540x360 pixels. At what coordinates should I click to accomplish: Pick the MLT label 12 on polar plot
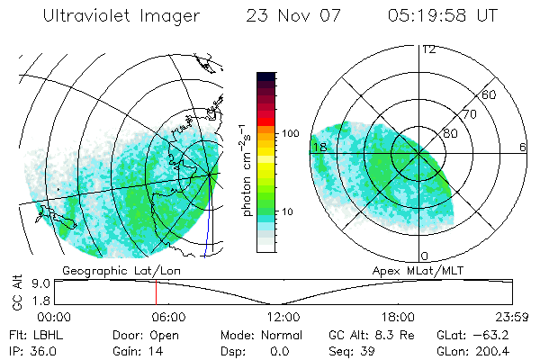click(x=428, y=49)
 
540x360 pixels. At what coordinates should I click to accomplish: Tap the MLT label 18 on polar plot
click(x=319, y=147)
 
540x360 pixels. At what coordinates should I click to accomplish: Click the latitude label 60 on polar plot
click(x=490, y=94)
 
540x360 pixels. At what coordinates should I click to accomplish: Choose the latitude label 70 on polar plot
click(x=467, y=115)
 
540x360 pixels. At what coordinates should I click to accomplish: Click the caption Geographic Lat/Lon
click(x=110, y=270)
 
